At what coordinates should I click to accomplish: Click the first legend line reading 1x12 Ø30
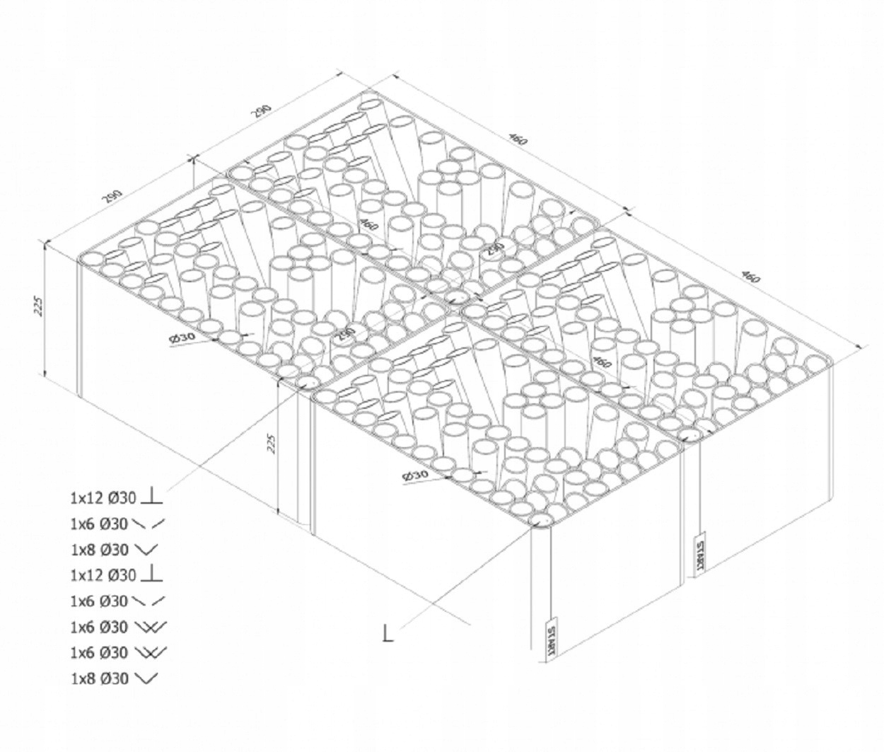pos(103,498)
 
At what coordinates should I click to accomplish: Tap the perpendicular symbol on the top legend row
pos(151,497)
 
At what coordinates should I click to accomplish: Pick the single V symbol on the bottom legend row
pos(145,678)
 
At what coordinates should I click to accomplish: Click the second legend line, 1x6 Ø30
pos(99,524)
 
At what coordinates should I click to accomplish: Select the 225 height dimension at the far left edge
pos(40,305)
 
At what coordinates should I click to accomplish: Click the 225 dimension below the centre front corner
pos(269,443)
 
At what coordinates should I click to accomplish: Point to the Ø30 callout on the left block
pos(182,337)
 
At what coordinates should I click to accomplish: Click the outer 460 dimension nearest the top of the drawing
pos(518,139)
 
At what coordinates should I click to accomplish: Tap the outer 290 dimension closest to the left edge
pos(114,195)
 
